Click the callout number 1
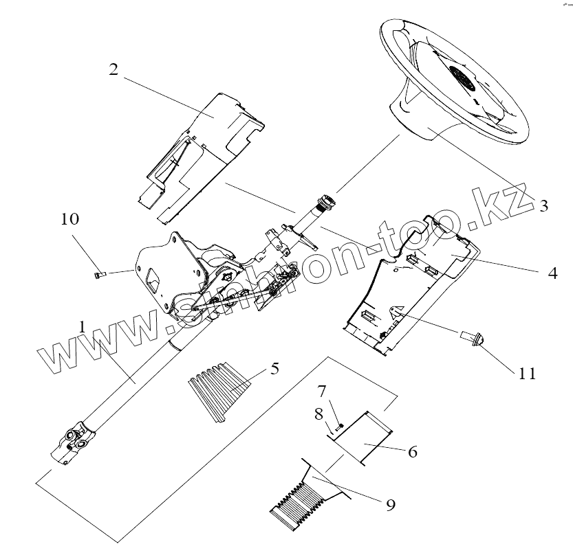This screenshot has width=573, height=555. pyautogui.click(x=82, y=328)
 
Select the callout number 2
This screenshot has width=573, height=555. pyautogui.click(x=114, y=69)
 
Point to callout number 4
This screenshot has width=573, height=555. pyautogui.click(x=552, y=272)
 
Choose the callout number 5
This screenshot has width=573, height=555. pyautogui.click(x=274, y=368)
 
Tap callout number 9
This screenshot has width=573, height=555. pyautogui.click(x=390, y=505)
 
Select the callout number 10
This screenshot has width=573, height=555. pyautogui.click(x=70, y=220)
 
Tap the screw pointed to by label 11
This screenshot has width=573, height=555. pyautogui.click(x=475, y=337)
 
